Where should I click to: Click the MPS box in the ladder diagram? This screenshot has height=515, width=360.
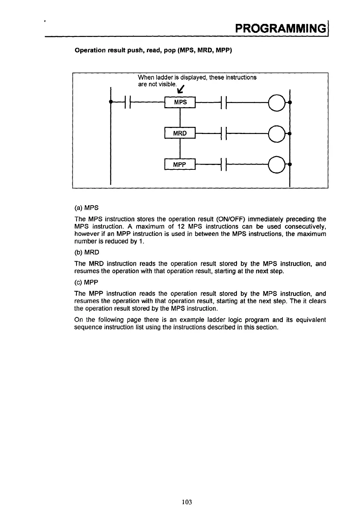[180, 102]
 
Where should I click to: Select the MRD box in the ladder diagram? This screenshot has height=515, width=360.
[180, 133]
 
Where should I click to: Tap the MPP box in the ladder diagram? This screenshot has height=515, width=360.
[180, 165]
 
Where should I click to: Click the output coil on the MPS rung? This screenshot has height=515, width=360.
[277, 102]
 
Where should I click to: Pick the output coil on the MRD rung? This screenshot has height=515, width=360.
[277, 133]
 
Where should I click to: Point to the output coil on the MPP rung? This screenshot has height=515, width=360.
[277, 165]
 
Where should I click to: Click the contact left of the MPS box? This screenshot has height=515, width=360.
[127, 102]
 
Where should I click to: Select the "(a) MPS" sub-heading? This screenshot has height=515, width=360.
[87, 207]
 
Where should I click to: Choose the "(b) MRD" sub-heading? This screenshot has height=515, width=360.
[87, 252]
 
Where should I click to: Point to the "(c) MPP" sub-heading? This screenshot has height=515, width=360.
[87, 283]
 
